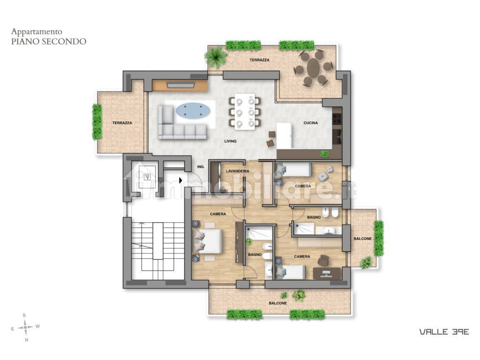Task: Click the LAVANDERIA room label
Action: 238,171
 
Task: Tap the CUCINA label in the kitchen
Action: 311,123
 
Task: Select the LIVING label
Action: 231,141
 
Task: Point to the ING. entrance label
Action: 201,167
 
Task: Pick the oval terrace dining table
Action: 313,67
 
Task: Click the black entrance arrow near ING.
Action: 181,180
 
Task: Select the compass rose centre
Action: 26,327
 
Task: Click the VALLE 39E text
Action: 444,331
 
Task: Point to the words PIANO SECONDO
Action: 49,41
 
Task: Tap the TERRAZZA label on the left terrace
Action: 122,123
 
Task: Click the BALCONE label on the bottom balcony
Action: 278,303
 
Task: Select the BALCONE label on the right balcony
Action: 363,239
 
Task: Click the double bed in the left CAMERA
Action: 207,241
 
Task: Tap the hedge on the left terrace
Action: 97,122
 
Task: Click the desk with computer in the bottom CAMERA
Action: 327,273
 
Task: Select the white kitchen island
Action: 284,136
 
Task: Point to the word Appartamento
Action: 37,31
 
